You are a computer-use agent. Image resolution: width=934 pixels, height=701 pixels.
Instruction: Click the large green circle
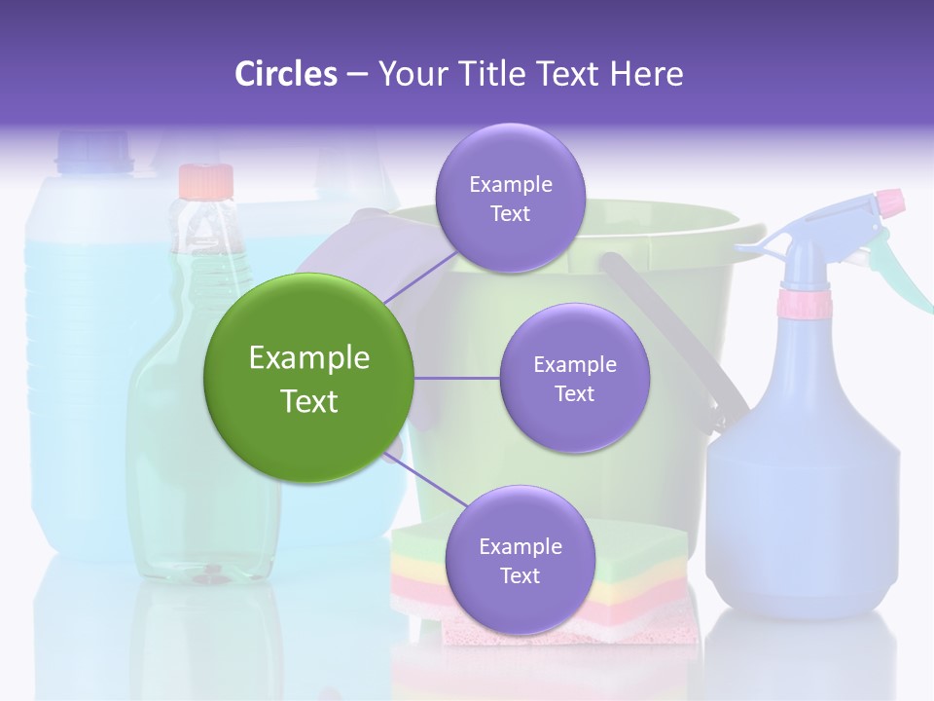click(308, 378)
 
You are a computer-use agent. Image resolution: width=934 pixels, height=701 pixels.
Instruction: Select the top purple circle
click(510, 198)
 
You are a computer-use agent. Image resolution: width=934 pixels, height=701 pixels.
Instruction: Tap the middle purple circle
click(574, 378)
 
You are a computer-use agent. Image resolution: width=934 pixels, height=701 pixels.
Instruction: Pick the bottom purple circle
click(520, 560)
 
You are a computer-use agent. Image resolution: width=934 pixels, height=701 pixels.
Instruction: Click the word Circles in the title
click(286, 74)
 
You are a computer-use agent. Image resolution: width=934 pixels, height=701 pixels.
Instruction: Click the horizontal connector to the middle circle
click(456, 378)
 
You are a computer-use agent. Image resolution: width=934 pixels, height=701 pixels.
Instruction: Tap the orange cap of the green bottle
click(206, 181)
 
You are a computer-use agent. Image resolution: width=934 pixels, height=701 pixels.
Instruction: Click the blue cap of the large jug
click(93, 150)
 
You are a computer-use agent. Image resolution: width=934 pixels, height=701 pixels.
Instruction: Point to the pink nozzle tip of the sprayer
click(890, 203)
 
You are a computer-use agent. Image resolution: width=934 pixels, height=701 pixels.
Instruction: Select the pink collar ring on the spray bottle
click(805, 304)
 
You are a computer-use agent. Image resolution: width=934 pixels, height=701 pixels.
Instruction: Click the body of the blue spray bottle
click(803, 487)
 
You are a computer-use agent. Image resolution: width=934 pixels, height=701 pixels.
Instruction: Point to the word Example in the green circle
click(308, 358)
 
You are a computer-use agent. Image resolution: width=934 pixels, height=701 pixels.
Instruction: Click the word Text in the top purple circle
click(510, 213)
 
